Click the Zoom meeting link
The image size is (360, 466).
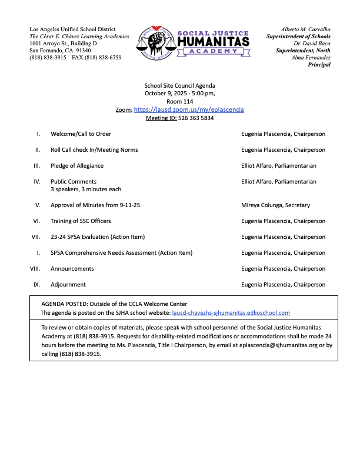[x=189, y=109]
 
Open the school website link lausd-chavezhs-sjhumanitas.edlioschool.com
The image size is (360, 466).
[x=231, y=313]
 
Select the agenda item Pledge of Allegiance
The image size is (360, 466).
[x=77, y=166]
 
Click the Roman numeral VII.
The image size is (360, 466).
[x=36, y=237]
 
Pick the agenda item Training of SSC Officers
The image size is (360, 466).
[x=81, y=221]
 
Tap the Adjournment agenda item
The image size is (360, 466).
[x=68, y=285]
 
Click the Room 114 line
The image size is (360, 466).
[x=180, y=101]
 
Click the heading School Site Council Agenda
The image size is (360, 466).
[x=180, y=85]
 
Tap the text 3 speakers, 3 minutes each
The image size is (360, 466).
[x=86, y=189]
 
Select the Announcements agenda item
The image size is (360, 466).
[x=72, y=269]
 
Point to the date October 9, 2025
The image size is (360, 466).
[x=167, y=94]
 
